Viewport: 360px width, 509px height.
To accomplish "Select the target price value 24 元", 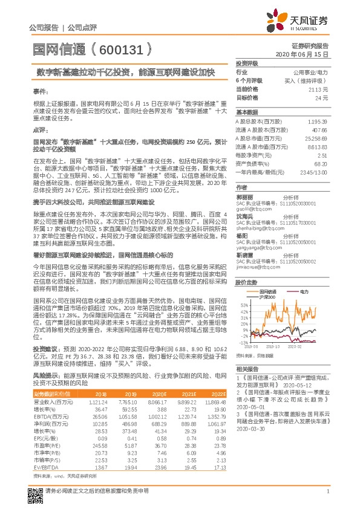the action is click(322, 97).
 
